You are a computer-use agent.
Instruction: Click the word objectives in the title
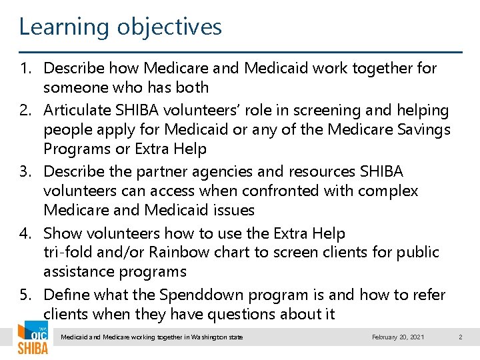pyautogui.click(x=169, y=27)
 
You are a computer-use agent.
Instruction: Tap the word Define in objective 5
pyautogui.click(x=66, y=295)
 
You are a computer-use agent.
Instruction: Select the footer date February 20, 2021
pyautogui.click(x=398, y=337)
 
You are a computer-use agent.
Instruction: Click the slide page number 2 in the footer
pyautogui.click(x=460, y=337)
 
